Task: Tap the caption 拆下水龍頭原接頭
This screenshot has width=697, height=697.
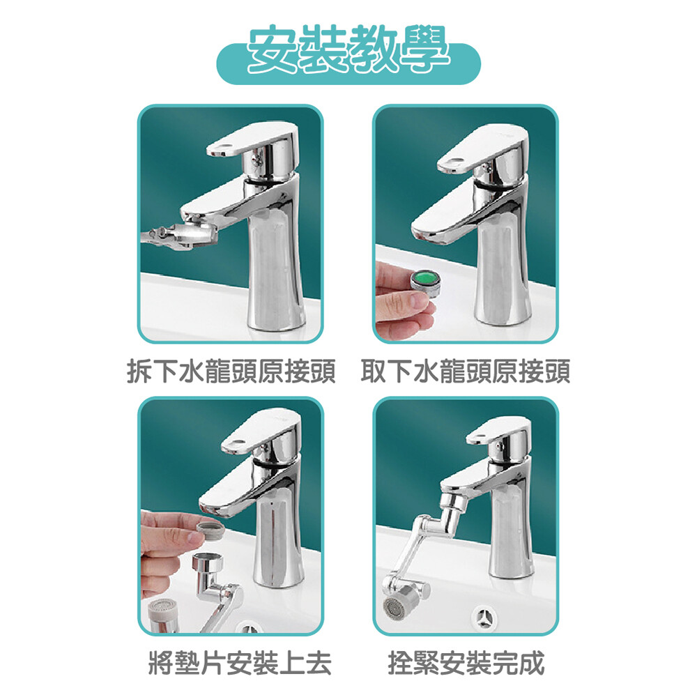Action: pyautogui.click(x=231, y=371)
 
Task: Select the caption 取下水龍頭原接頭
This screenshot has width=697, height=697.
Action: pyautogui.click(x=466, y=371)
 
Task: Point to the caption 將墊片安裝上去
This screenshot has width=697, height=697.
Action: pyautogui.click(x=240, y=663)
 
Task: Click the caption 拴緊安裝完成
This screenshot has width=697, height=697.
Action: pyautogui.click(x=466, y=663)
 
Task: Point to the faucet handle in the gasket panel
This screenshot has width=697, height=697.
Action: pyautogui.click(x=261, y=430)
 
